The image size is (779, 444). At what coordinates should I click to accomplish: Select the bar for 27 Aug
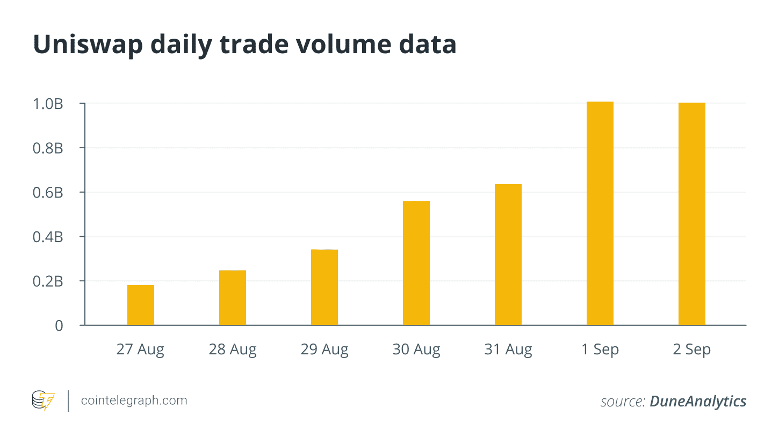click(x=141, y=305)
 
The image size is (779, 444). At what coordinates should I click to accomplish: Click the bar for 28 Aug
click(x=233, y=297)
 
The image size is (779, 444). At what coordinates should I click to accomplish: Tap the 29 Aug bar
click(x=324, y=287)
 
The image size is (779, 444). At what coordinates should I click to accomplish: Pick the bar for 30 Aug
click(x=416, y=263)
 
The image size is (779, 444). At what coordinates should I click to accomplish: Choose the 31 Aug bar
click(x=508, y=254)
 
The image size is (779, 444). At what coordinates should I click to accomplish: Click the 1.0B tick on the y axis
click(x=48, y=104)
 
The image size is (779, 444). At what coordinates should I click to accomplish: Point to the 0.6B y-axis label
click(x=48, y=192)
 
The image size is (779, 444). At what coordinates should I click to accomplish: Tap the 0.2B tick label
click(x=48, y=281)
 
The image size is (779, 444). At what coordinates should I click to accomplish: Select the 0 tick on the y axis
click(x=59, y=325)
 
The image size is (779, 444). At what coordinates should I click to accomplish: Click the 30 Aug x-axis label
click(x=416, y=350)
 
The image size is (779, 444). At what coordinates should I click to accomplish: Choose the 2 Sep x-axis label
click(x=692, y=350)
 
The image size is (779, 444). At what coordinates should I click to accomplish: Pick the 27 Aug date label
click(x=141, y=350)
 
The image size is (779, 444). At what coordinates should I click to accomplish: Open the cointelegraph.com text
click(x=134, y=401)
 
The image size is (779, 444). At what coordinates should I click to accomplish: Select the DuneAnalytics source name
click(x=698, y=401)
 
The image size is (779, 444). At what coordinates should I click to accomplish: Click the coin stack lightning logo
click(x=43, y=401)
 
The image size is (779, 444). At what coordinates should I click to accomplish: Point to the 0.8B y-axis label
click(x=48, y=148)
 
